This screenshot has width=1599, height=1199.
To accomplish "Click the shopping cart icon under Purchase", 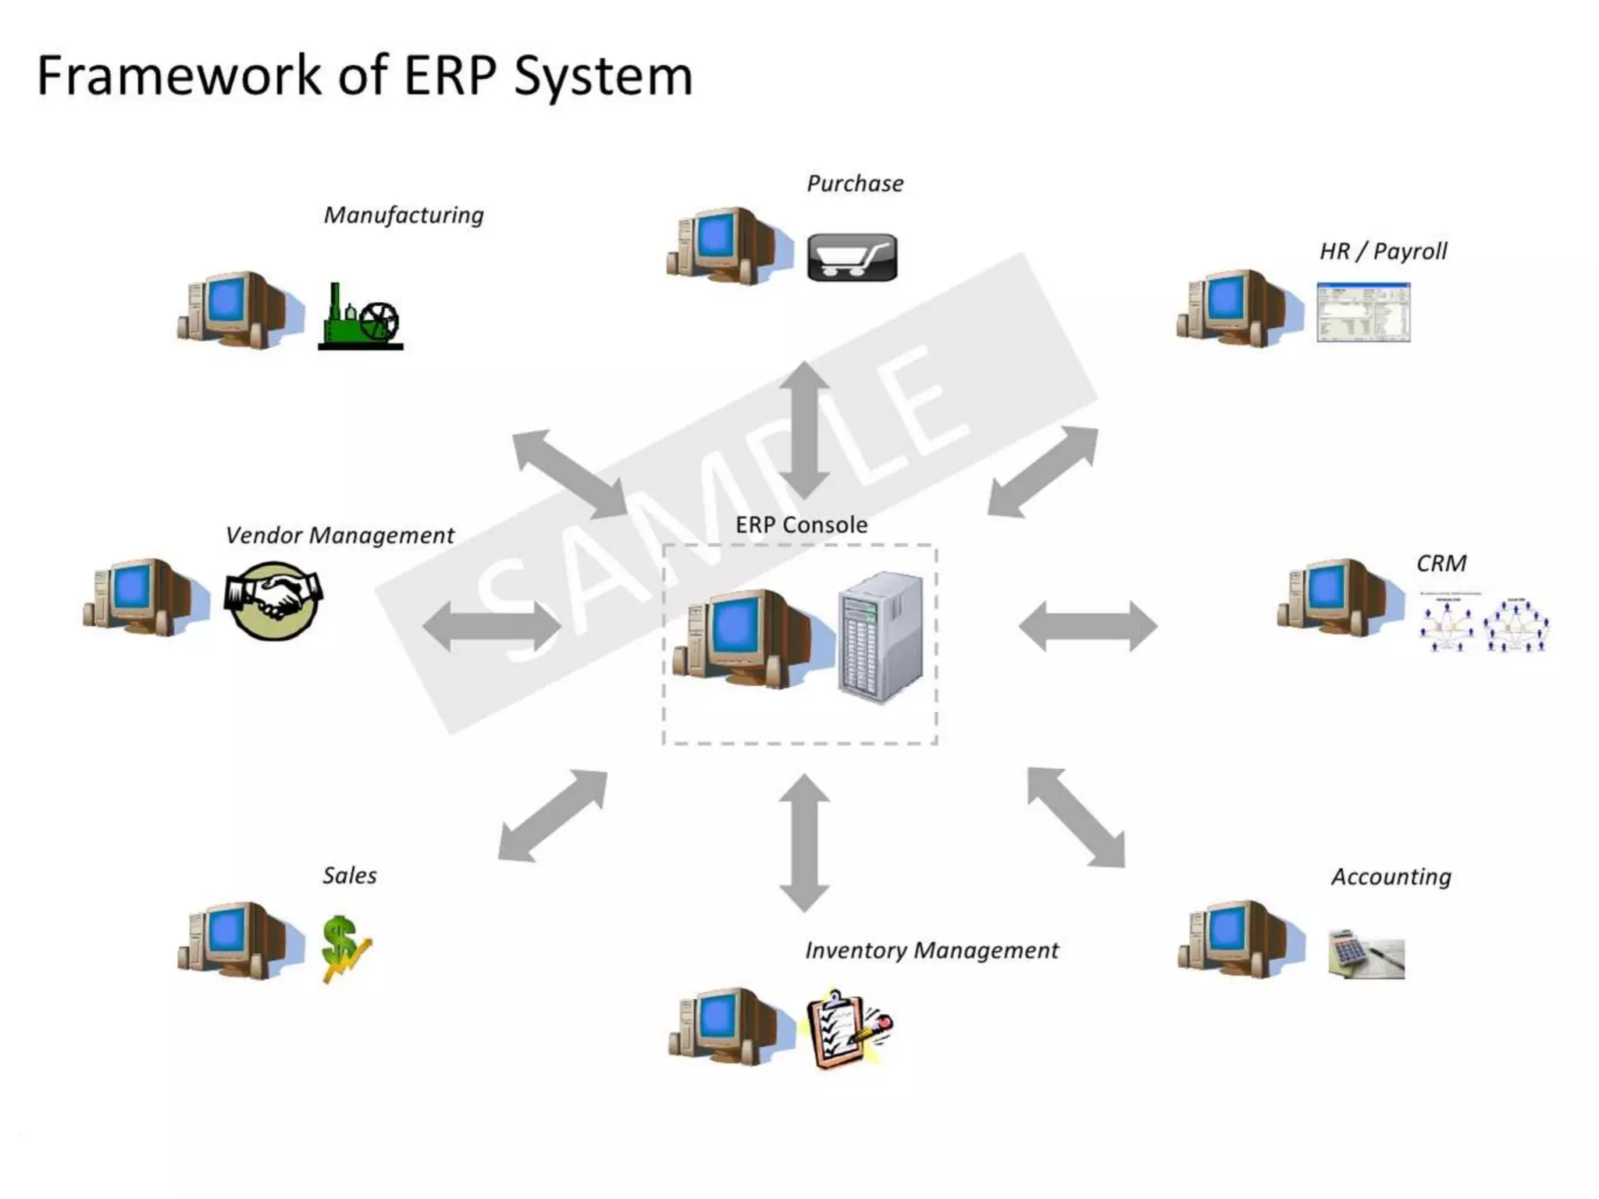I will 852,257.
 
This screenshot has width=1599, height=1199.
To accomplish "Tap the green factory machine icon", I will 360,317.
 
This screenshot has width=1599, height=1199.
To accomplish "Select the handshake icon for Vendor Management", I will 273,599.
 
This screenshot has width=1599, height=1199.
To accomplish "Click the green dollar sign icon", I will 344,948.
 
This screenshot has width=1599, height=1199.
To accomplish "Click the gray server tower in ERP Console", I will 881,636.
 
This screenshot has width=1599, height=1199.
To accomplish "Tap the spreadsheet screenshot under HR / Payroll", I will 1363,312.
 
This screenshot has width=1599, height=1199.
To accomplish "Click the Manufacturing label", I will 404,215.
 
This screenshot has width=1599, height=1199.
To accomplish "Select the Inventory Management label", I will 931,950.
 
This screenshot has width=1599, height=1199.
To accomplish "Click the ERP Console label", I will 801,525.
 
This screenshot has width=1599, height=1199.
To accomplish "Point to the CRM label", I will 1441,563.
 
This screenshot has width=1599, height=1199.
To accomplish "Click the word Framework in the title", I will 179,76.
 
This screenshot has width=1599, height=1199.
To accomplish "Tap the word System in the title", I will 603,76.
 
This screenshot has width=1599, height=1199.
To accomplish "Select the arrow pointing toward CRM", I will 1088,626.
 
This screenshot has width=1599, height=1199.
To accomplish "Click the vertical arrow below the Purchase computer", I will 804,430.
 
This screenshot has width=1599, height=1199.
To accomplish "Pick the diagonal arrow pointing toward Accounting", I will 1077,817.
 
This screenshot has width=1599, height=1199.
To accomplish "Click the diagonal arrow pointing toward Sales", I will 553,816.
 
